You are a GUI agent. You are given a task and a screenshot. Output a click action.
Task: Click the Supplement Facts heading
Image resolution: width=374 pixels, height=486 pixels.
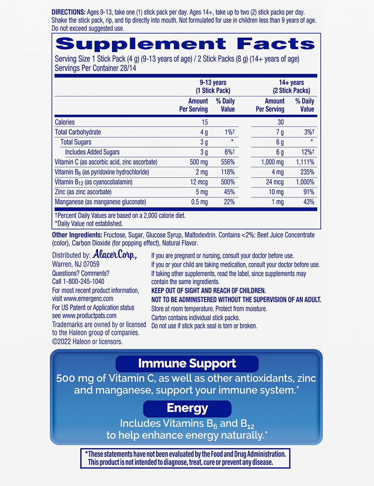[185, 44]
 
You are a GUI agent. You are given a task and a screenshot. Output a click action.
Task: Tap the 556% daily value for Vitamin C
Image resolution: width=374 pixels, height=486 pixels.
[228, 162]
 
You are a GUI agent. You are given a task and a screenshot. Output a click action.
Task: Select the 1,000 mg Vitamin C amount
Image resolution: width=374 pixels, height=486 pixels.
[272, 162]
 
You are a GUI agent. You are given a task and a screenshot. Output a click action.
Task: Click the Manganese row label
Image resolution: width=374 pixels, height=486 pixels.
[100, 202]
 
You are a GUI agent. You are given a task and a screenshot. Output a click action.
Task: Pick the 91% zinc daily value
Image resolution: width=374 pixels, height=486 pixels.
[309, 192]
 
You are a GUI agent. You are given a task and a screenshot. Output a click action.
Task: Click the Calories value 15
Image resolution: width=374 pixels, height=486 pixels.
[205, 122]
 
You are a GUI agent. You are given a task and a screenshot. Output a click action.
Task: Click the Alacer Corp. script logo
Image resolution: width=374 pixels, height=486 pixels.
[114, 255]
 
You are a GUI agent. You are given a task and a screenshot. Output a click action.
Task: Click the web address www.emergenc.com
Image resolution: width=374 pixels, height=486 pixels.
[88, 299]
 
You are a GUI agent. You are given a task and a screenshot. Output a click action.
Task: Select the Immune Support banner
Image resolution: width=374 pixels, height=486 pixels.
[187, 363]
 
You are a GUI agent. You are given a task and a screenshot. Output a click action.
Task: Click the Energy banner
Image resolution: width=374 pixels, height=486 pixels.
[187, 408]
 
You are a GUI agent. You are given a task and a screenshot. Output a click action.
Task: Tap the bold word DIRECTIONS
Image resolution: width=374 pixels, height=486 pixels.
[68, 12]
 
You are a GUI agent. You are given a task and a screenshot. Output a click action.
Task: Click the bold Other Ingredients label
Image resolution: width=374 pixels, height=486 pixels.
[77, 235]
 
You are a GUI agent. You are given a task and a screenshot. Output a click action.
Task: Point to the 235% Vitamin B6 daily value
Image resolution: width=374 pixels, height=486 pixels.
[307, 172]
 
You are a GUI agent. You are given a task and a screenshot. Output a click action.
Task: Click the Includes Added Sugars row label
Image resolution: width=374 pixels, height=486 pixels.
[92, 152]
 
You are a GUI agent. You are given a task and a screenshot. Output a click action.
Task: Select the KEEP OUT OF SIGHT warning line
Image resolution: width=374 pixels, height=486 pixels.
[208, 290]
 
